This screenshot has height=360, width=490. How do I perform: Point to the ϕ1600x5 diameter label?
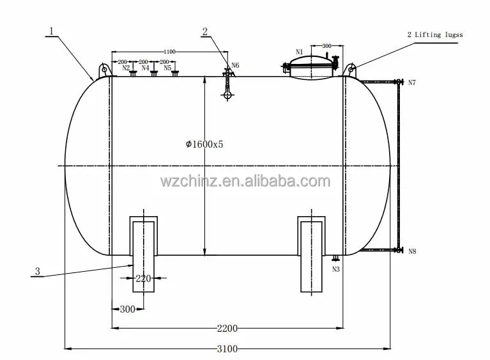(204, 144)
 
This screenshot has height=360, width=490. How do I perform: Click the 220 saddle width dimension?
(143, 278)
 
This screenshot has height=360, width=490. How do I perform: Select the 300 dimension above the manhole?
(326, 47)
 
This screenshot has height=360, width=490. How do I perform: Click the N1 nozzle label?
(299, 52)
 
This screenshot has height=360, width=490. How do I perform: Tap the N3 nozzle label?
(336, 269)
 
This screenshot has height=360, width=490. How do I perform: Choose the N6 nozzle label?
(235, 65)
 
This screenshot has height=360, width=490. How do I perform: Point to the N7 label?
(412, 83)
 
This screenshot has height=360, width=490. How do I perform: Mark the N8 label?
(412, 252)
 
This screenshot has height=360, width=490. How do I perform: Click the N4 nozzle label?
(146, 67)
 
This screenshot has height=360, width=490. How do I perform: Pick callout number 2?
(204, 31)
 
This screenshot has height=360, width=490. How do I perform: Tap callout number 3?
(37, 272)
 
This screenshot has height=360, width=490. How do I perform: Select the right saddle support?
(313, 254)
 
